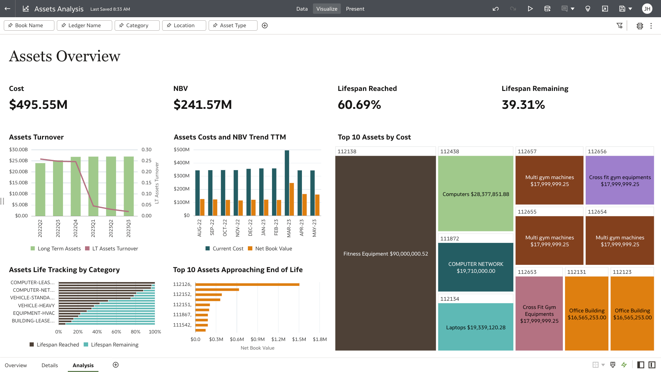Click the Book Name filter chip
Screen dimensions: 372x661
point(29,25)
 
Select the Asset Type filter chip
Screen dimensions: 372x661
point(233,25)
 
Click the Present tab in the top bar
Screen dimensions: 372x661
point(355,9)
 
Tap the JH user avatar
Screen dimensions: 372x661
point(647,9)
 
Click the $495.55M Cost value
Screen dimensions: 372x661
point(38,105)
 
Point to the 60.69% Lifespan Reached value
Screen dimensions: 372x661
point(359,105)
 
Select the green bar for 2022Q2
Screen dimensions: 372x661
point(40,189)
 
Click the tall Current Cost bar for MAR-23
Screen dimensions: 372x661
point(287,183)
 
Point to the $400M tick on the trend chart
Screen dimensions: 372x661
point(181,163)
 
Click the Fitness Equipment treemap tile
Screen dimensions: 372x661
point(386,254)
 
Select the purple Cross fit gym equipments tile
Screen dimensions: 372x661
point(620,180)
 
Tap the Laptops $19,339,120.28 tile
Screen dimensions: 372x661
point(475,327)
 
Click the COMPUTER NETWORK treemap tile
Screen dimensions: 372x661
point(475,267)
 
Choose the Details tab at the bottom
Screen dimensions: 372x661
point(50,365)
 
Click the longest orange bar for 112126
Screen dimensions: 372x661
point(247,285)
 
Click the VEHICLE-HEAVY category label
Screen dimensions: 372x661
point(36,306)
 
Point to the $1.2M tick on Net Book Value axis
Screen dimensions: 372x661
point(278,339)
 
